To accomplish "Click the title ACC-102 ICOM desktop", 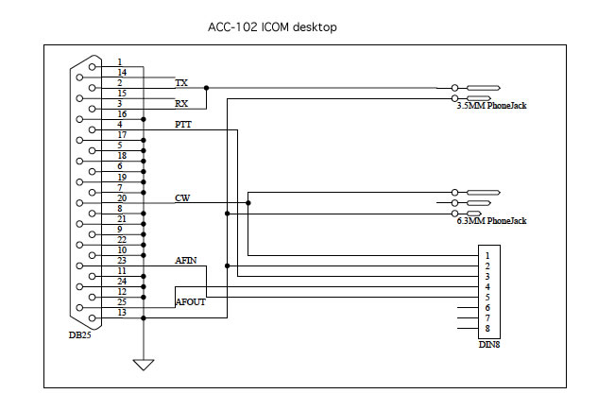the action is point(272,27).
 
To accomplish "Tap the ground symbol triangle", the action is point(144,365).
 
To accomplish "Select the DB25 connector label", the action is point(80,334).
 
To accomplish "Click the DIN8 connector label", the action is point(489,345).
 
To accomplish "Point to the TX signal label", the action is point(181,83).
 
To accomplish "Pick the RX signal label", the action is point(181,104).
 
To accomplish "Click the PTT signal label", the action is point(183,125).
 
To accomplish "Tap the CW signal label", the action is point(182,198).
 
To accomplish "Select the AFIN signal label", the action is point(186,261).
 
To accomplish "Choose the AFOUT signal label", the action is point(191,302).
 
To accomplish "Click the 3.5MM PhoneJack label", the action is point(491,106).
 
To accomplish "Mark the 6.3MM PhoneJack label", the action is point(491,221).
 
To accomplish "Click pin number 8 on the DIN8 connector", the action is point(487,328).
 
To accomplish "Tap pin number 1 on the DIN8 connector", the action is point(487,256).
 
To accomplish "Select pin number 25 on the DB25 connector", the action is point(122,302).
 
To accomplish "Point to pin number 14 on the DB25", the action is point(122,72).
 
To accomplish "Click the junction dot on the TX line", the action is point(206,88).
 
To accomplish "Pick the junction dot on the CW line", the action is point(248,203).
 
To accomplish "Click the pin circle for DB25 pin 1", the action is point(93,67).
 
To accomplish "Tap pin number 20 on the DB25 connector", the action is point(122,198).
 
